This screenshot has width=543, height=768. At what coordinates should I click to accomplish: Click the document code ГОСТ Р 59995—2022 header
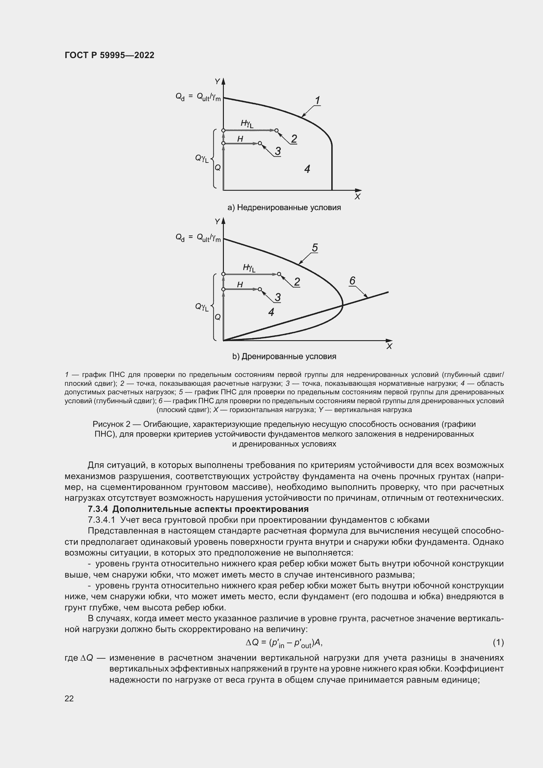click(x=109, y=55)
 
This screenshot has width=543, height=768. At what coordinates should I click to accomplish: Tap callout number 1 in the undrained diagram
click(x=317, y=100)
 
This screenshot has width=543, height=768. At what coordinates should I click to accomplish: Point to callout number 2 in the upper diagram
click(x=294, y=139)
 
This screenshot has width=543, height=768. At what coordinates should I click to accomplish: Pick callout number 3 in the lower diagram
click(x=277, y=297)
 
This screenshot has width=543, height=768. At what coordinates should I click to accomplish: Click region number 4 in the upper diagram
click(x=307, y=168)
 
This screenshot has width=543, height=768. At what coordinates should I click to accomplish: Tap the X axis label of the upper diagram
click(x=357, y=197)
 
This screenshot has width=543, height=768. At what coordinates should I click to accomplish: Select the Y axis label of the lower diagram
click(x=217, y=221)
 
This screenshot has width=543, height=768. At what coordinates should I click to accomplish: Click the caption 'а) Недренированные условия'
click(x=284, y=208)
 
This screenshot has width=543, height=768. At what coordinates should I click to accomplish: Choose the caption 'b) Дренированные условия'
click(x=284, y=356)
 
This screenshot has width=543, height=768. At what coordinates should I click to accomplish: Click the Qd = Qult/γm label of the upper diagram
click(x=198, y=97)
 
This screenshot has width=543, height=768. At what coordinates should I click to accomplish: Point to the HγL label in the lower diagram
click(x=249, y=268)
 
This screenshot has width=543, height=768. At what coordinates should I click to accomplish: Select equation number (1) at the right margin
click(x=498, y=642)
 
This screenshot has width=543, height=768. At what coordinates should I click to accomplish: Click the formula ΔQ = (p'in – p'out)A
click(x=284, y=643)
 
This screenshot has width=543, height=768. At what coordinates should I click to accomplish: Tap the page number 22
click(x=69, y=698)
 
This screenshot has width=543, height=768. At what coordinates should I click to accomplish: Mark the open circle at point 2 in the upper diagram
click(x=276, y=130)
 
